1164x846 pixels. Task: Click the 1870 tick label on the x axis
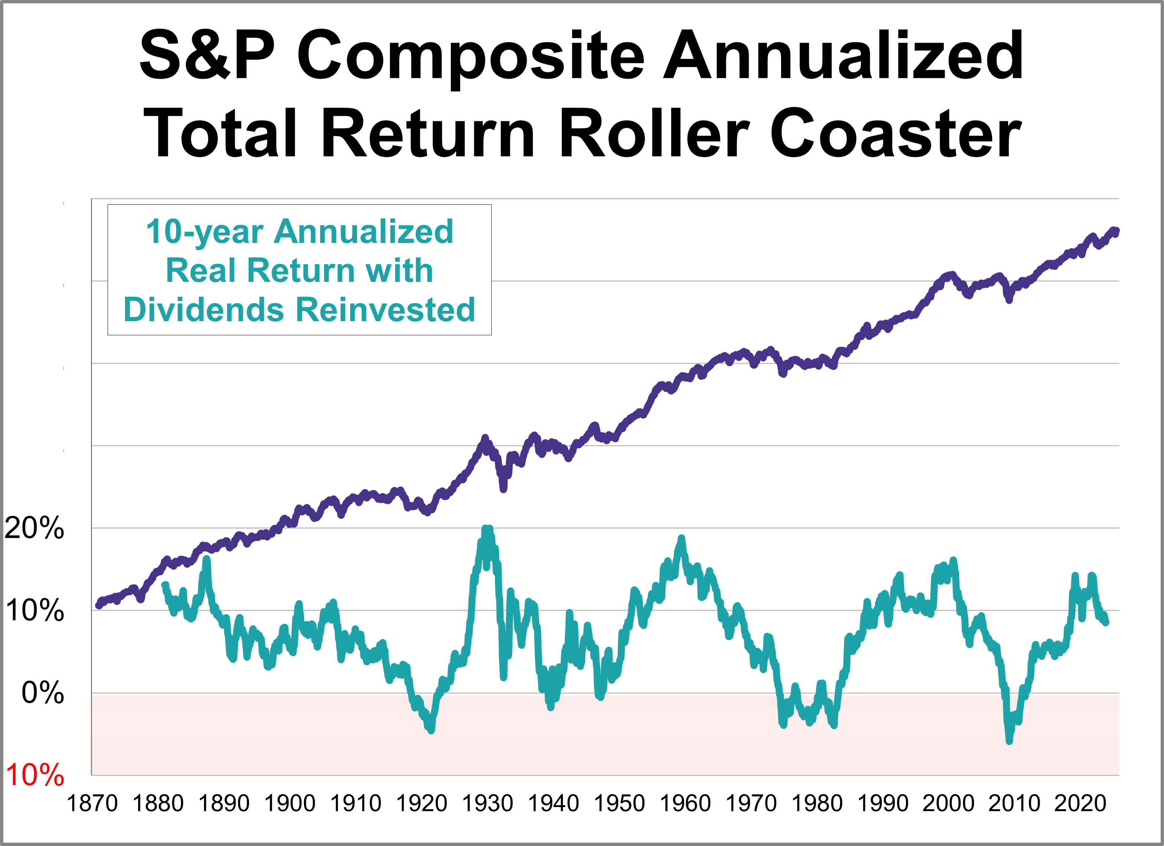[92, 803]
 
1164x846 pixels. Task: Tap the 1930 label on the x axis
[488, 803]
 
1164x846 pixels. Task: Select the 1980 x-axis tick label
[817, 803]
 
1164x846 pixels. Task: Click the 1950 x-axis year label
[619, 803]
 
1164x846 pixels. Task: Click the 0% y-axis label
[43, 693]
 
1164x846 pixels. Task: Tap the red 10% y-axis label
[35, 775]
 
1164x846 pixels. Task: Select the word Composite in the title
[470, 55]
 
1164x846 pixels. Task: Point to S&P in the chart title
[207, 55]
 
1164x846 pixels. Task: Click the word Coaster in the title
[896, 134]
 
